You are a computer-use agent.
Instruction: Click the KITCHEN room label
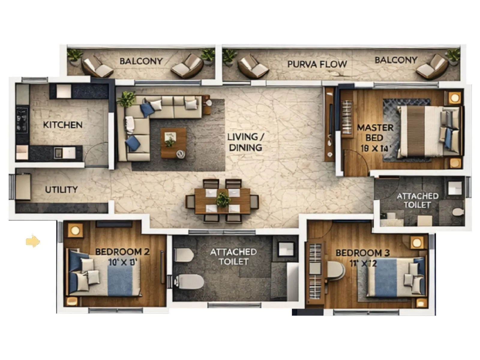pyautogui.click(x=62, y=125)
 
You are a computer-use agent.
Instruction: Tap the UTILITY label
pyautogui.click(x=61, y=190)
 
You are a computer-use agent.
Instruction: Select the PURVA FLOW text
pyautogui.click(x=317, y=64)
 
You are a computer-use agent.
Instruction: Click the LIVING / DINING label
pyautogui.click(x=245, y=142)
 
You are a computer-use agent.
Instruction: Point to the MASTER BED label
pyautogui.click(x=375, y=133)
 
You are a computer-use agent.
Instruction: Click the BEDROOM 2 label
pyautogui.click(x=122, y=252)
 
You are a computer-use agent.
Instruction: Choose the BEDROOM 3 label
pyautogui.click(x=362, y=253)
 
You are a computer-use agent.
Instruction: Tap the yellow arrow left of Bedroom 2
pyautogui.click(x=33, y=241)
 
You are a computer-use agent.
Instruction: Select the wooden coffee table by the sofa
pyautogui.click(x=173, y=143)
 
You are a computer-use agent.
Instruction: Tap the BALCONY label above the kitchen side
pyautogui.click(x=141, y=61)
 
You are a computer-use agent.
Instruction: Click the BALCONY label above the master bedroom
pyautogui.click(x=396, y=60)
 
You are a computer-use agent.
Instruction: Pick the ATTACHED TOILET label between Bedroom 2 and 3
pyautogui.click(x=233, y=256)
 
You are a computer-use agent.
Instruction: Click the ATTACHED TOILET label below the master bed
pyautogui.click(x=417, y=200)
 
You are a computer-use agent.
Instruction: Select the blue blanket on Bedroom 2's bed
pyautogui.click(x=120, y=280)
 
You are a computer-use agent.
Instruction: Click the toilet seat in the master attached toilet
pyautogui.click(x=458, y=212)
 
